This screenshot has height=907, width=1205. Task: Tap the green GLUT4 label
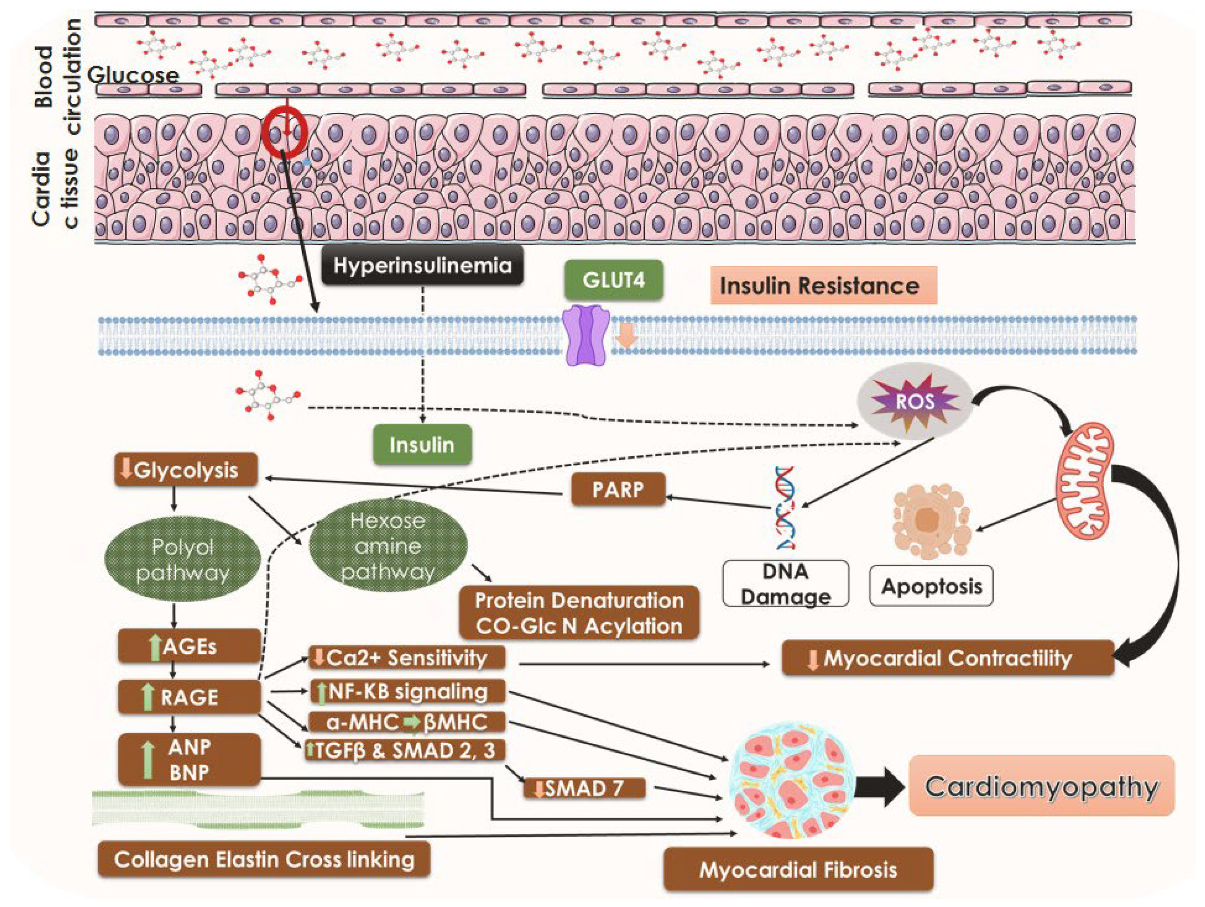(x=613, y=281)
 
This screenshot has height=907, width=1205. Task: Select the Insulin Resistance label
(x=822, y=285)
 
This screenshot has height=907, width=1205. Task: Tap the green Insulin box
(x=422, y=445)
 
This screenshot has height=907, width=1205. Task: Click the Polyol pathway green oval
(x=183, y=560)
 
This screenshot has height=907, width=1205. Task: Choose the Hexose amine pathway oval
(x=388, y=546)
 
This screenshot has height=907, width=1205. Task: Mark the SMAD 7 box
(x=584, y=788)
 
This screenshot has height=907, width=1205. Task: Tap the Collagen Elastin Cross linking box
(x=264, y=860)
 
